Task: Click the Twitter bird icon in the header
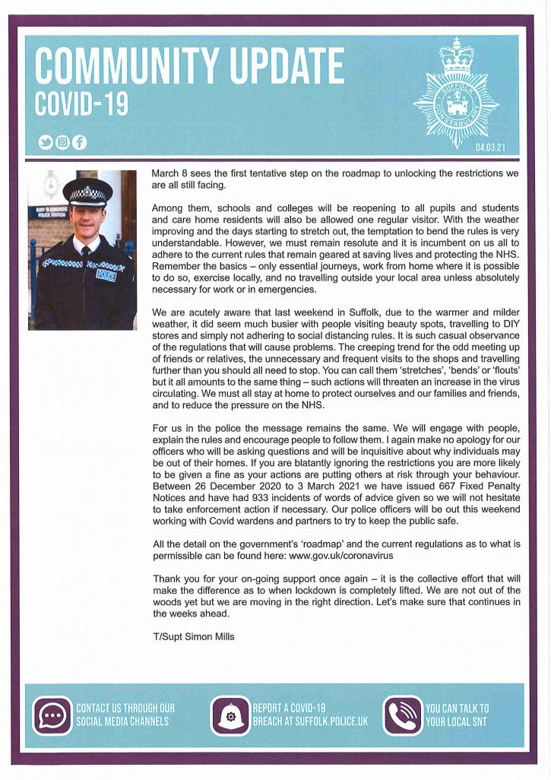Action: (x=46, y=141)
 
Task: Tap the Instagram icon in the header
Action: (x=63, y=141)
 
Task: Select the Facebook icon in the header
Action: (x=80, y=141)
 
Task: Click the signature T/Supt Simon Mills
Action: (x=194, y=637)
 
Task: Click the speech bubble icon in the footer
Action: (x=52, y=715)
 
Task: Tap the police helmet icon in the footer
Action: (x=230, y=715)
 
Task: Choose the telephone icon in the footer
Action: (x=403, y=715)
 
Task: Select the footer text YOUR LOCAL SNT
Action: (x=457, y=721)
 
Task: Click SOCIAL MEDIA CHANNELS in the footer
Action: (x=122, y=721)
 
